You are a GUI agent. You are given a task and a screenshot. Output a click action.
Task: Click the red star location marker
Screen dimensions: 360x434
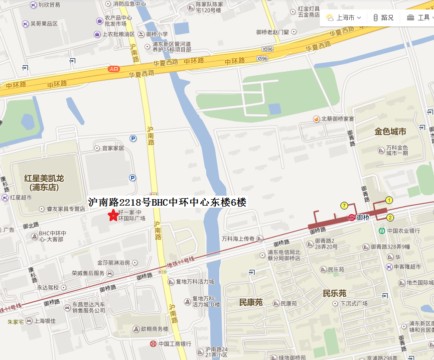(113, 215)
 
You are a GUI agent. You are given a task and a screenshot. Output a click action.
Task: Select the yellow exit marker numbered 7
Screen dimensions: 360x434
(344, 206)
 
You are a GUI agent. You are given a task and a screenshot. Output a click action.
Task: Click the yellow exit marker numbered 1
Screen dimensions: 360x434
(389, 200)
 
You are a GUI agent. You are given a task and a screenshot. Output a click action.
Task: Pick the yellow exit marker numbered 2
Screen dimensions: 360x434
(390, 217)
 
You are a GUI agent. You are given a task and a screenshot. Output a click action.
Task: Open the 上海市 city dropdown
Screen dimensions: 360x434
(344, 17)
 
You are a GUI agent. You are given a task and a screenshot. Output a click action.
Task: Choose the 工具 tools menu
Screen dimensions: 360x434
(419, 17)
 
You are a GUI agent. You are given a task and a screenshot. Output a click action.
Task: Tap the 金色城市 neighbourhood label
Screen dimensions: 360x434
(390, 132)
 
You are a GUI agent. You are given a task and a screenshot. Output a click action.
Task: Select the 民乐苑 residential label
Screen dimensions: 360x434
(334, 293)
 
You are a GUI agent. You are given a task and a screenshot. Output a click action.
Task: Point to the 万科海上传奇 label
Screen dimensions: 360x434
(242, 239)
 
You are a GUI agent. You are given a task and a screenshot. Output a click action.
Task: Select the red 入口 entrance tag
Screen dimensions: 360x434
(114, 69)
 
